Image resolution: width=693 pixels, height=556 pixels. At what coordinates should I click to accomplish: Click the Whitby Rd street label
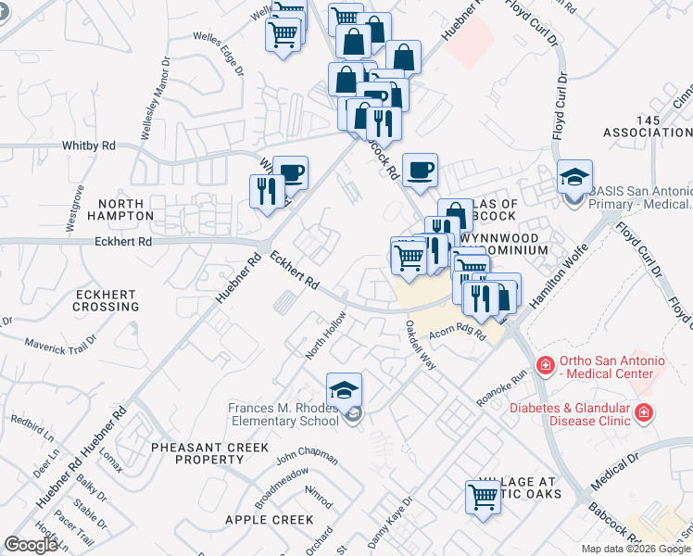(89, 146)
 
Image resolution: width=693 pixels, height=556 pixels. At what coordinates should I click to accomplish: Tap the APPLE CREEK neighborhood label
(269, 520)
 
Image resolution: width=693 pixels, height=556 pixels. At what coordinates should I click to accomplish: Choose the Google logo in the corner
(31, 545)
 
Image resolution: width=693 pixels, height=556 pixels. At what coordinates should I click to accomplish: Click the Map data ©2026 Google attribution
(636, 549)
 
